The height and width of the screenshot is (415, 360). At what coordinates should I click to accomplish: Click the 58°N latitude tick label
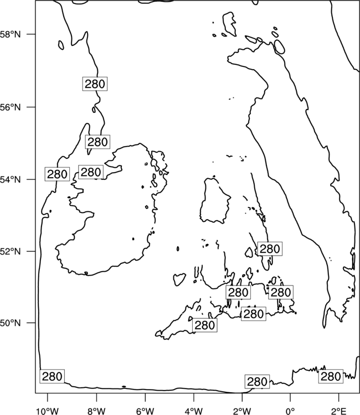click(x=11, y=34)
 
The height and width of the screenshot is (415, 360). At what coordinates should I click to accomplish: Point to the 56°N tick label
click(x=11, y=107)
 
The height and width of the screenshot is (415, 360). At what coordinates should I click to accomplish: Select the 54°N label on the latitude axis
click(x=11, y=179)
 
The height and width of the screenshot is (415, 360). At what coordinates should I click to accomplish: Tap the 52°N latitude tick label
click(x=11, y=251)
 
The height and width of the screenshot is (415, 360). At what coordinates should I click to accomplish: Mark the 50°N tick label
click(x=11, y=323)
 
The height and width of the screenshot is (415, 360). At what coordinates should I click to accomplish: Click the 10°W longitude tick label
click(x=48, y=411)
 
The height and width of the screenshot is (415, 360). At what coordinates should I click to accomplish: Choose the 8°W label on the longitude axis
click(x=96, y=411)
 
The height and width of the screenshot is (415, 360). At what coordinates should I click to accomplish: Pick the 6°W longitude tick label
click(x=145, y=411)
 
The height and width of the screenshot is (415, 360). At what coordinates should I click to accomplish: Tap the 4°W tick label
click(x=194, y=411)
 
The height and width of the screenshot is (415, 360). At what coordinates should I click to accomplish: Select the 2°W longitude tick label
click(x=242, y=411)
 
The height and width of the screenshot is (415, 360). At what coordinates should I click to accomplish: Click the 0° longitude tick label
click(x=291, y=411)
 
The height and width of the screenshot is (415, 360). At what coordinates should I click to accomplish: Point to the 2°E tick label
click(x=339, y=411)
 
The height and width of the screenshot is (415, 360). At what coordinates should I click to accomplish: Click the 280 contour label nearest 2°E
click(x=331, y=376)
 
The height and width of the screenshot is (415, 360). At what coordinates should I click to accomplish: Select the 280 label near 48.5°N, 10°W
click(x=52, y=376)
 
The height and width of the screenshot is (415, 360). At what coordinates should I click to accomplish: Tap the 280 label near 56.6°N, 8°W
click(x=95, y=84)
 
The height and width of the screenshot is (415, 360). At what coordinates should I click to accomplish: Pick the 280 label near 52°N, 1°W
click(x=270, y=249)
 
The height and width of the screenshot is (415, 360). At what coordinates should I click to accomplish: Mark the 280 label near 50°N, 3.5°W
click(x=205, y=325)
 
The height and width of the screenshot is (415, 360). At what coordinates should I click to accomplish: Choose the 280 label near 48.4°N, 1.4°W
click(x=257, y=382)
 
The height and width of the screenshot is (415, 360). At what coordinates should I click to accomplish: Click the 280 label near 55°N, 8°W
click(x=97, y=142)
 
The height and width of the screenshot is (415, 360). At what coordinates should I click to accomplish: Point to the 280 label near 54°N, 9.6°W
click(x=57, y=174)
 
